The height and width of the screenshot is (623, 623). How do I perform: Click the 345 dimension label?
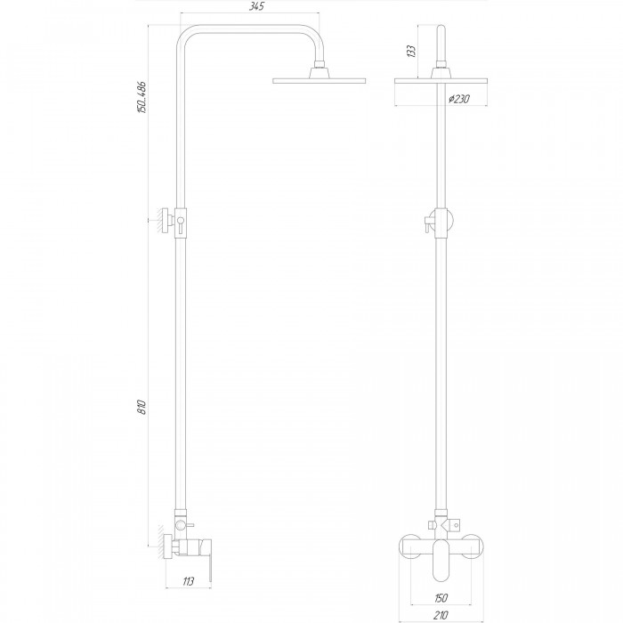(x=256, y=7)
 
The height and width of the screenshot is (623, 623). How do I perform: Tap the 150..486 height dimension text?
(x=142, y=97)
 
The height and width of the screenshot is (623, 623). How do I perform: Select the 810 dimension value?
(x=142, y=408)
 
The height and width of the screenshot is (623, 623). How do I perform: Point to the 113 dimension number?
(x=189, y=582)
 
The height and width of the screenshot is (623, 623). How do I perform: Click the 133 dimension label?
(x=411, y=52)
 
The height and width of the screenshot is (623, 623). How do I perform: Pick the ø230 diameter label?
(x=459, y=99)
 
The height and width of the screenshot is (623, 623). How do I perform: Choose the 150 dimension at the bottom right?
(x=441, y=597)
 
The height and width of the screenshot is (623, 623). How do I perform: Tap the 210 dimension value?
(x=441, y=616)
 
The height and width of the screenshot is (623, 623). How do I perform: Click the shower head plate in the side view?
(x=319, y=81)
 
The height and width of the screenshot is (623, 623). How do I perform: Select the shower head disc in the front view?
(x=441, y=81)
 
